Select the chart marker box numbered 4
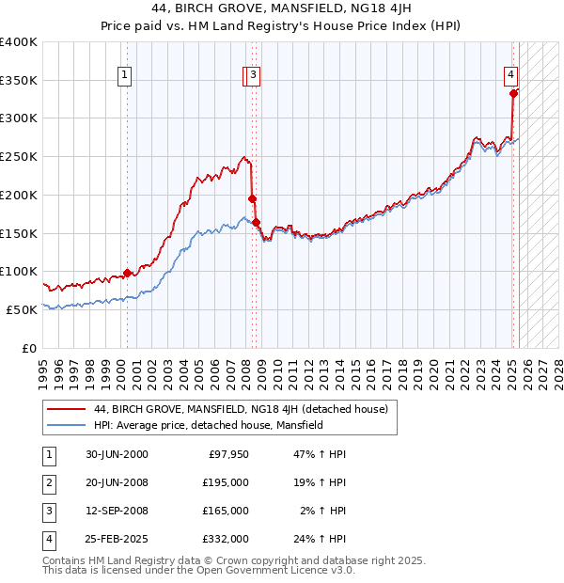[x=510, y=76]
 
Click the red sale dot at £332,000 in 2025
[x=513, y=93]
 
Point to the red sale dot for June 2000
[x=128, y=273]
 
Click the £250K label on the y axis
[x=20, y=156]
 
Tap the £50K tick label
[x=23, y=309]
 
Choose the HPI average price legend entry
[x=208, y=425]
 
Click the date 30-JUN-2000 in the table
[x=117, y=454]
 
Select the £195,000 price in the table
[x=226, y=482]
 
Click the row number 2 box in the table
[x=47, y=482]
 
